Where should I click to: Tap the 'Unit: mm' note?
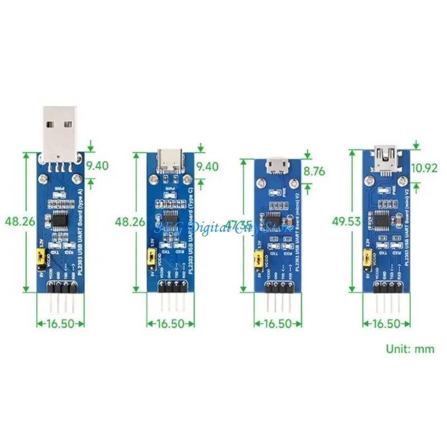[410, 349]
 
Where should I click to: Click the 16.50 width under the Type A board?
[61, 322]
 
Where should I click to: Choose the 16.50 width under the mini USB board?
[384, 323]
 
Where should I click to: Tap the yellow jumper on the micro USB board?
[258, 259]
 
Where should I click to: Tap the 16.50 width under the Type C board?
[170, 323]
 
